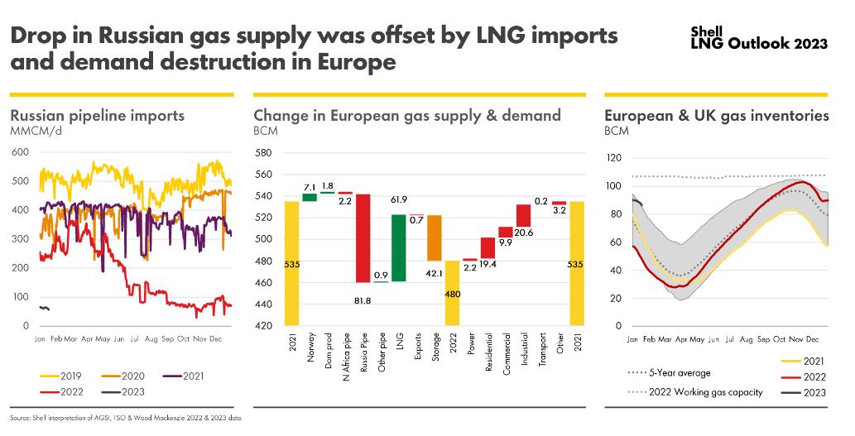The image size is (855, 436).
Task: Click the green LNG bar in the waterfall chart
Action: tap(399, 247)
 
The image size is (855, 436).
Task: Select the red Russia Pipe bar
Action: tap(363, 238)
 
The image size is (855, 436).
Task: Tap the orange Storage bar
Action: tap(435, 237)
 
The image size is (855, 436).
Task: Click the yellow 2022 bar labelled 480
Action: tap(453, 293)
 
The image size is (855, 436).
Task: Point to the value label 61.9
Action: tap(400, 199)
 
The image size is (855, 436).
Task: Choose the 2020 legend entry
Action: tap(125, 376)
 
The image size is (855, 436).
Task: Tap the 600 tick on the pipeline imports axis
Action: tap(21, 152)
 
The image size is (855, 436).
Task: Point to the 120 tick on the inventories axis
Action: tap(613, 157)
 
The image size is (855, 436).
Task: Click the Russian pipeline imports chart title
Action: tap(97, 116)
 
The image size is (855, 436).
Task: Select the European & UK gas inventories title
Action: tap(717, 116)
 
